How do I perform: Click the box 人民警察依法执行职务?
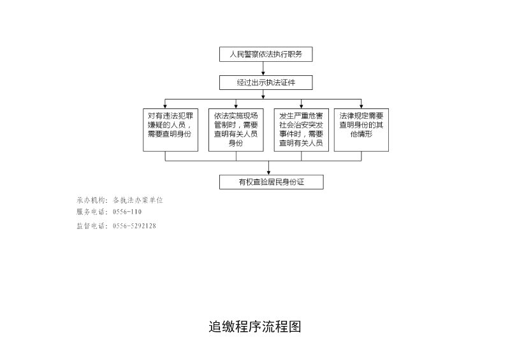[x=266, y=54]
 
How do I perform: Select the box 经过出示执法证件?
[x=266, y=83]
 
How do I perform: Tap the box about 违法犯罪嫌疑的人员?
[x=170, y=130]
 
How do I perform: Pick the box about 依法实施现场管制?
[x=236, y=130]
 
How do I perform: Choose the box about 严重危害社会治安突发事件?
[x=301, y=130]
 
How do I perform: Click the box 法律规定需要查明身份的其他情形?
[x=361, y=130]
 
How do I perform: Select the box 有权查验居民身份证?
[x=272, y=182]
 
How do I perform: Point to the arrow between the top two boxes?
[x=263, y=68]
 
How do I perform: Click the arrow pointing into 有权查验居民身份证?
[x=268, y=168]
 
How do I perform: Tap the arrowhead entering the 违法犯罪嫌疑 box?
[x=165, y=106]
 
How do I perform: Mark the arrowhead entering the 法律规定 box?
[x=361, y=106]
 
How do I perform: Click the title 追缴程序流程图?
[x=254, y=327]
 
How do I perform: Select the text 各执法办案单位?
[x=138, y=200]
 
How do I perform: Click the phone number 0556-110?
[x=127, y=212]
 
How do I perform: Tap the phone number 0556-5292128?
[x=135, y=226]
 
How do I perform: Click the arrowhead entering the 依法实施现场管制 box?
[x=236, y=106]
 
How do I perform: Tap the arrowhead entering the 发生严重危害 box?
[x=301, y=106]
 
